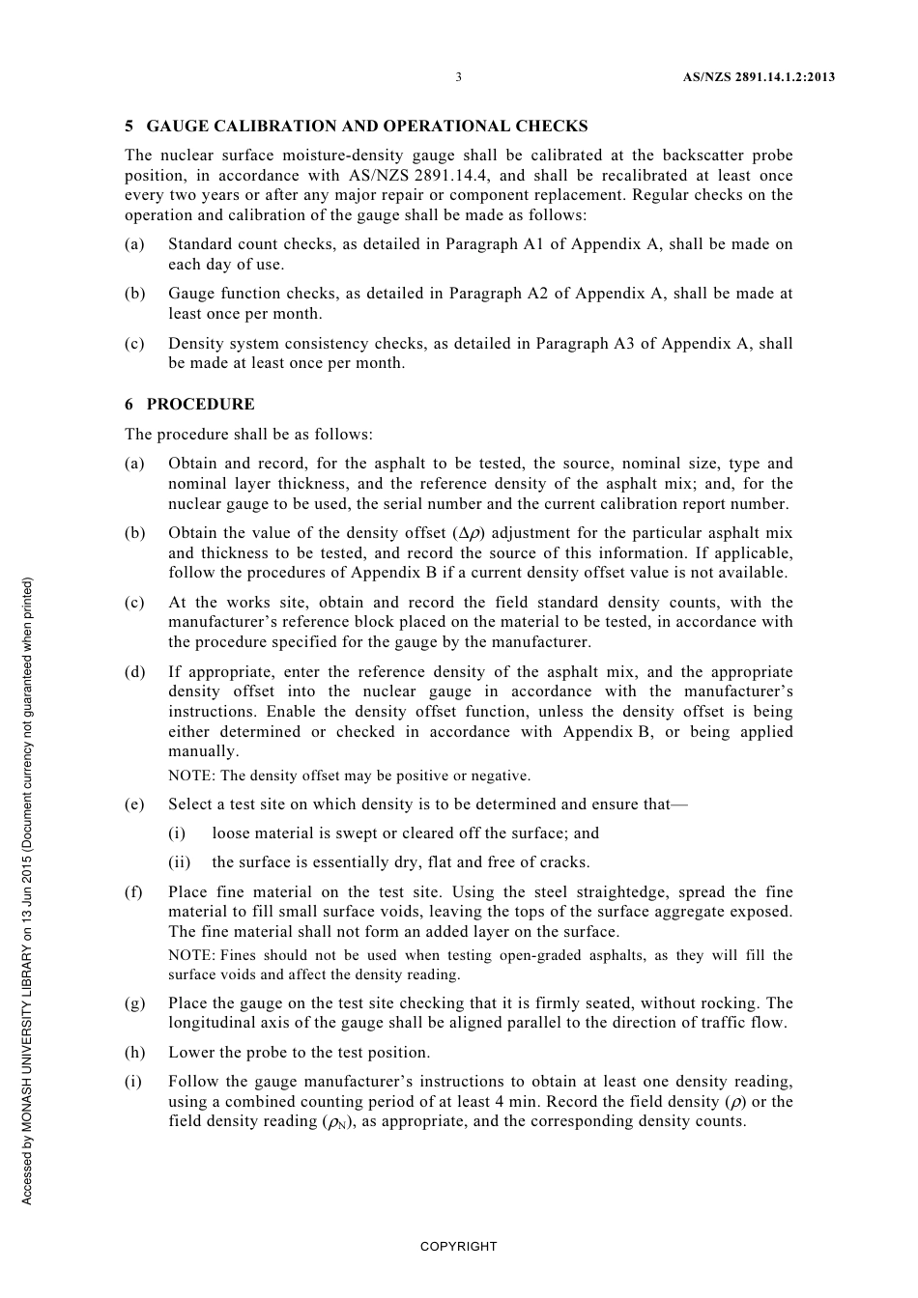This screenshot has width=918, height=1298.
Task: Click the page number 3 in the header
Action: click(x=459, y=77)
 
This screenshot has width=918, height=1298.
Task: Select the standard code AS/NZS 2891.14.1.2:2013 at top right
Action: click(x=752, y=77)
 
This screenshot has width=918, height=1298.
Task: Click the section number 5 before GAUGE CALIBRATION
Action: click(x=129, y=127)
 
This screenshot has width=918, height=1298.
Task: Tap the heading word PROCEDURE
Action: click(x=201, y=405)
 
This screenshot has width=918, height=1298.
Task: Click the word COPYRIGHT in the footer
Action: click(x=458, y=1247)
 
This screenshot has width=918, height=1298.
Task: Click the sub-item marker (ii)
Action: click(x=179, y=862)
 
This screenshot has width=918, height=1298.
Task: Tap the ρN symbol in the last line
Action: click(x=335, y=1122)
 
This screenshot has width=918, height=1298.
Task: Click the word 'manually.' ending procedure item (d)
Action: click(x=203, y=751)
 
